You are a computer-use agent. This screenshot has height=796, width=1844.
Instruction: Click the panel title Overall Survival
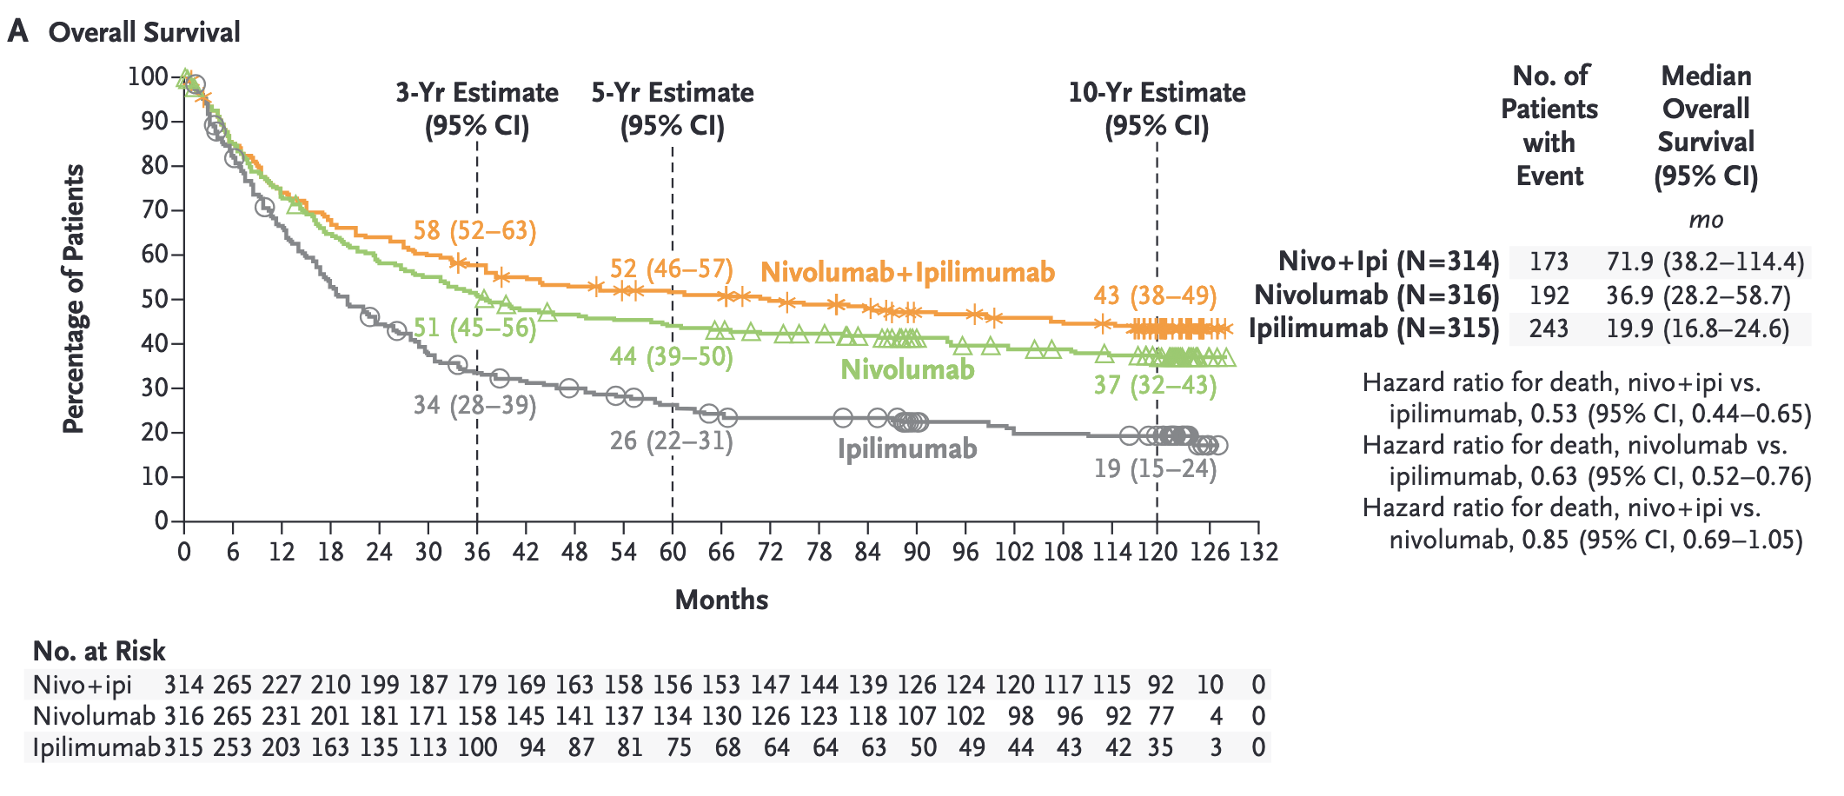(144, 33)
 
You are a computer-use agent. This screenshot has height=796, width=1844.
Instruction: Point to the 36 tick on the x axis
(476, 552)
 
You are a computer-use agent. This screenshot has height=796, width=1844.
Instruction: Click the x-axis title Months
(721, 600)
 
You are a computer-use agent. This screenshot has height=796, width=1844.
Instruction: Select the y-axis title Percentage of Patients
(74, 299)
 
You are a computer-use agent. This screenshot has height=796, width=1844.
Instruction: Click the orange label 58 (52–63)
(474, 231)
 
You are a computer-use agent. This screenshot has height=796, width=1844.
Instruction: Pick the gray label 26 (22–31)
(671, 441)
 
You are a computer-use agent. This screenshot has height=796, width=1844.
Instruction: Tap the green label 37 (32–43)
(1155, 385)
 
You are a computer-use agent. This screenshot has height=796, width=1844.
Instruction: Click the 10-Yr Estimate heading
(1157, 93)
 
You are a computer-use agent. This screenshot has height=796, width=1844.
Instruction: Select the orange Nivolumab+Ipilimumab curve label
(907, 273)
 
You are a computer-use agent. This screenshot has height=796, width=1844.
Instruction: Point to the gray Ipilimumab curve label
(907, 449)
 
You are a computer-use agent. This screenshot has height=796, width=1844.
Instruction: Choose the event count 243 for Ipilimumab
(1549, 328)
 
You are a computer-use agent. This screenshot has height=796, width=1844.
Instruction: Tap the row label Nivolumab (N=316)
(1376, 295)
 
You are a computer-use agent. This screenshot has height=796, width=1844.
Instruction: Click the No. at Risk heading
(99, 652)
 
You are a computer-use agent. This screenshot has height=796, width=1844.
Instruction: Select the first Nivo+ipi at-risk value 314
(183, 686)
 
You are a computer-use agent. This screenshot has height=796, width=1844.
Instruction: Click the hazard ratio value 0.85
(1544, 541)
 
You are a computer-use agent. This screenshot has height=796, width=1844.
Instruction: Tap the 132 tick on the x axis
(1258, 552)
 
